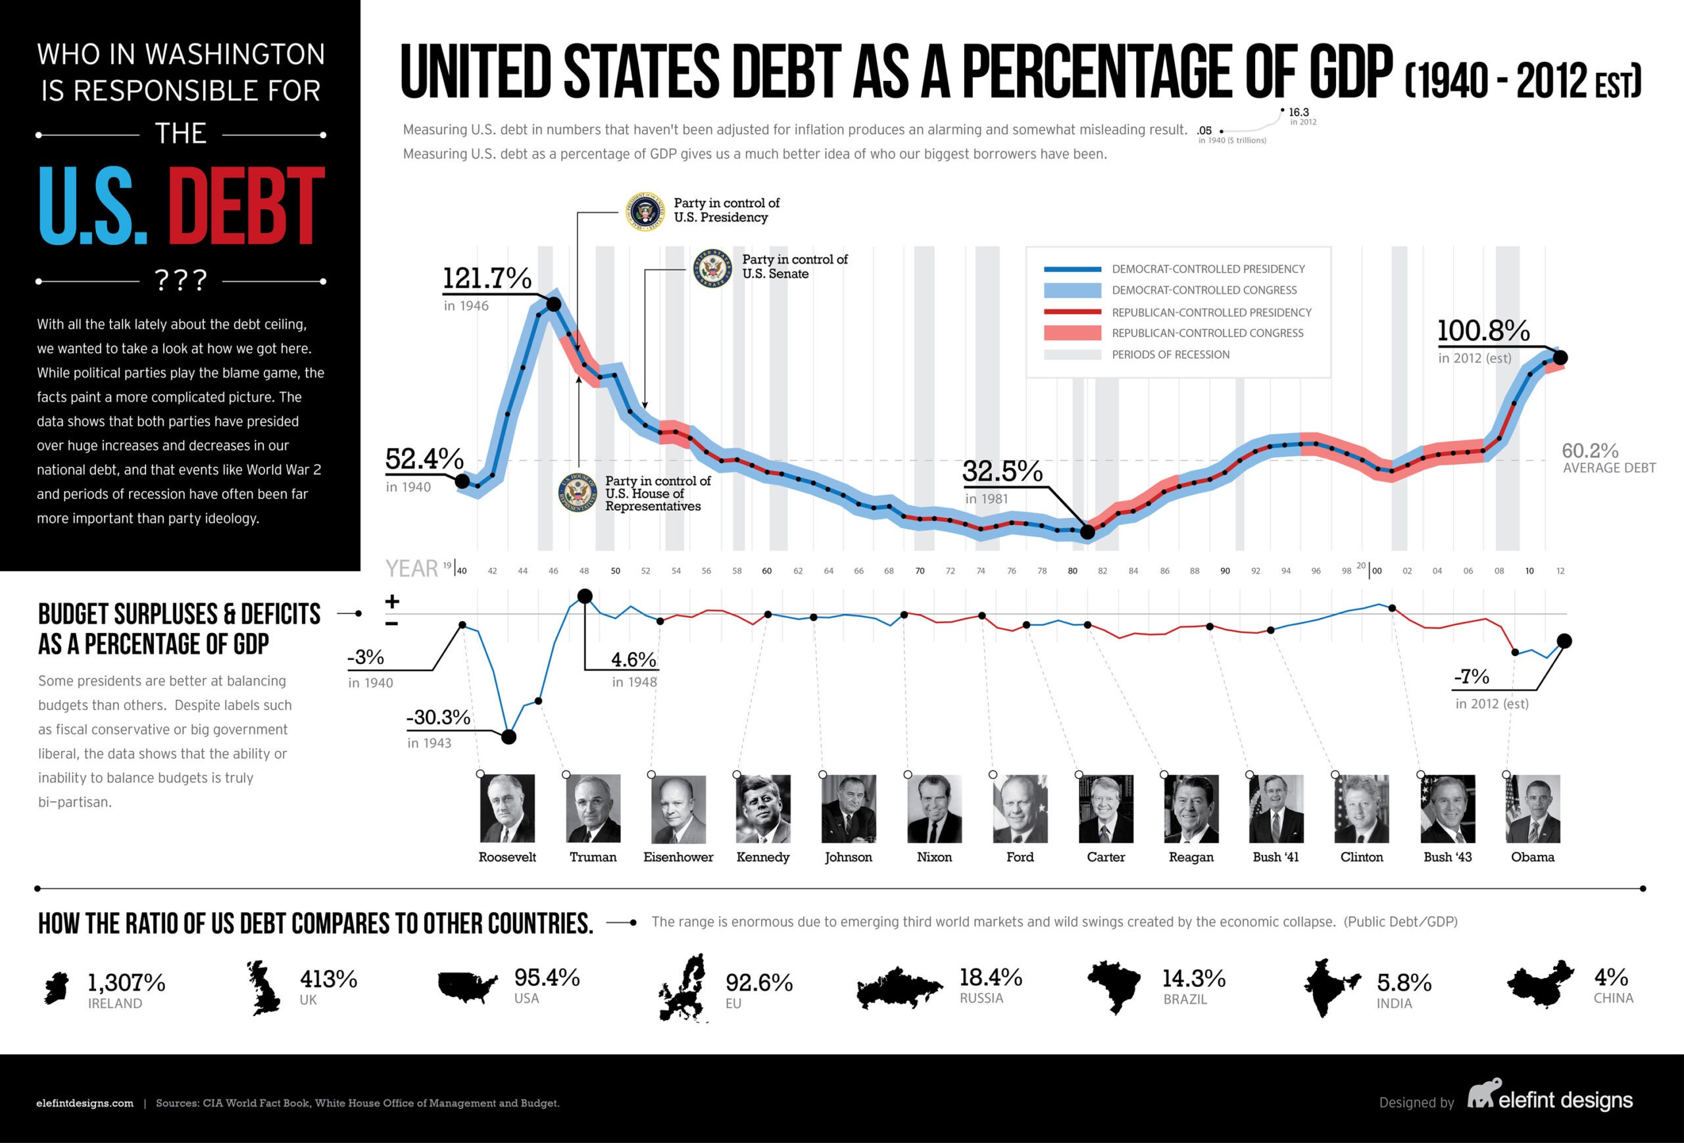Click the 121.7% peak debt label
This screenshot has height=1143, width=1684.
tap(487, 278)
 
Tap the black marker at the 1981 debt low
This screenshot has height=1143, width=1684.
tap(1087, 532)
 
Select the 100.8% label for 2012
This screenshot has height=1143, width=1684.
tap(1483, 330)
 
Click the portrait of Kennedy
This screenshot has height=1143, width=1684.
tap(763, 808)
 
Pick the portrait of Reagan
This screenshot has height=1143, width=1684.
tap(1191, 808)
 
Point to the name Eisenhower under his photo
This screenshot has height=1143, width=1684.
tap(678, 857)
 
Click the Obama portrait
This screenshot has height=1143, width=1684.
tap(1533, 808)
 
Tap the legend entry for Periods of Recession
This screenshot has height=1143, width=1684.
tap(1170, 355)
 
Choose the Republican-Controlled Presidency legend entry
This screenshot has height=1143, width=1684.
tap(1211, 313)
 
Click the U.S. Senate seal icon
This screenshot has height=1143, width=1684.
tap(712, 268)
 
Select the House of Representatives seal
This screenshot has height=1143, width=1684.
tap(578, 493)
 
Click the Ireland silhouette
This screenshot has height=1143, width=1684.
tap(57, 988)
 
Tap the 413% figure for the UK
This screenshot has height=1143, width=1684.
tap(328, 979)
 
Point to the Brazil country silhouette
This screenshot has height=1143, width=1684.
tap(1114, 986)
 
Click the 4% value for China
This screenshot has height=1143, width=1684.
tap(1611, 977)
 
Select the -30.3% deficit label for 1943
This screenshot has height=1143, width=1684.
tap(438, 717)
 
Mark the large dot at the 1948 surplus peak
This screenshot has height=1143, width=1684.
tap(585, 597)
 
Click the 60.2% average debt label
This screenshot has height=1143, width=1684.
tap(1590, 451)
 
